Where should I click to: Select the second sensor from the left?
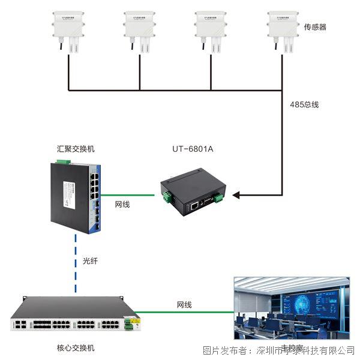click(140, 29)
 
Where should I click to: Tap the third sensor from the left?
click(211, 29)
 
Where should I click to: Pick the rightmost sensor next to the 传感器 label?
click(283, 29)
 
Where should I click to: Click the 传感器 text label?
click(315, 27)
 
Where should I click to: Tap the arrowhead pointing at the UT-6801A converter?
click(236, 194)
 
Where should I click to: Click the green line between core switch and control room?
click(186, 313)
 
